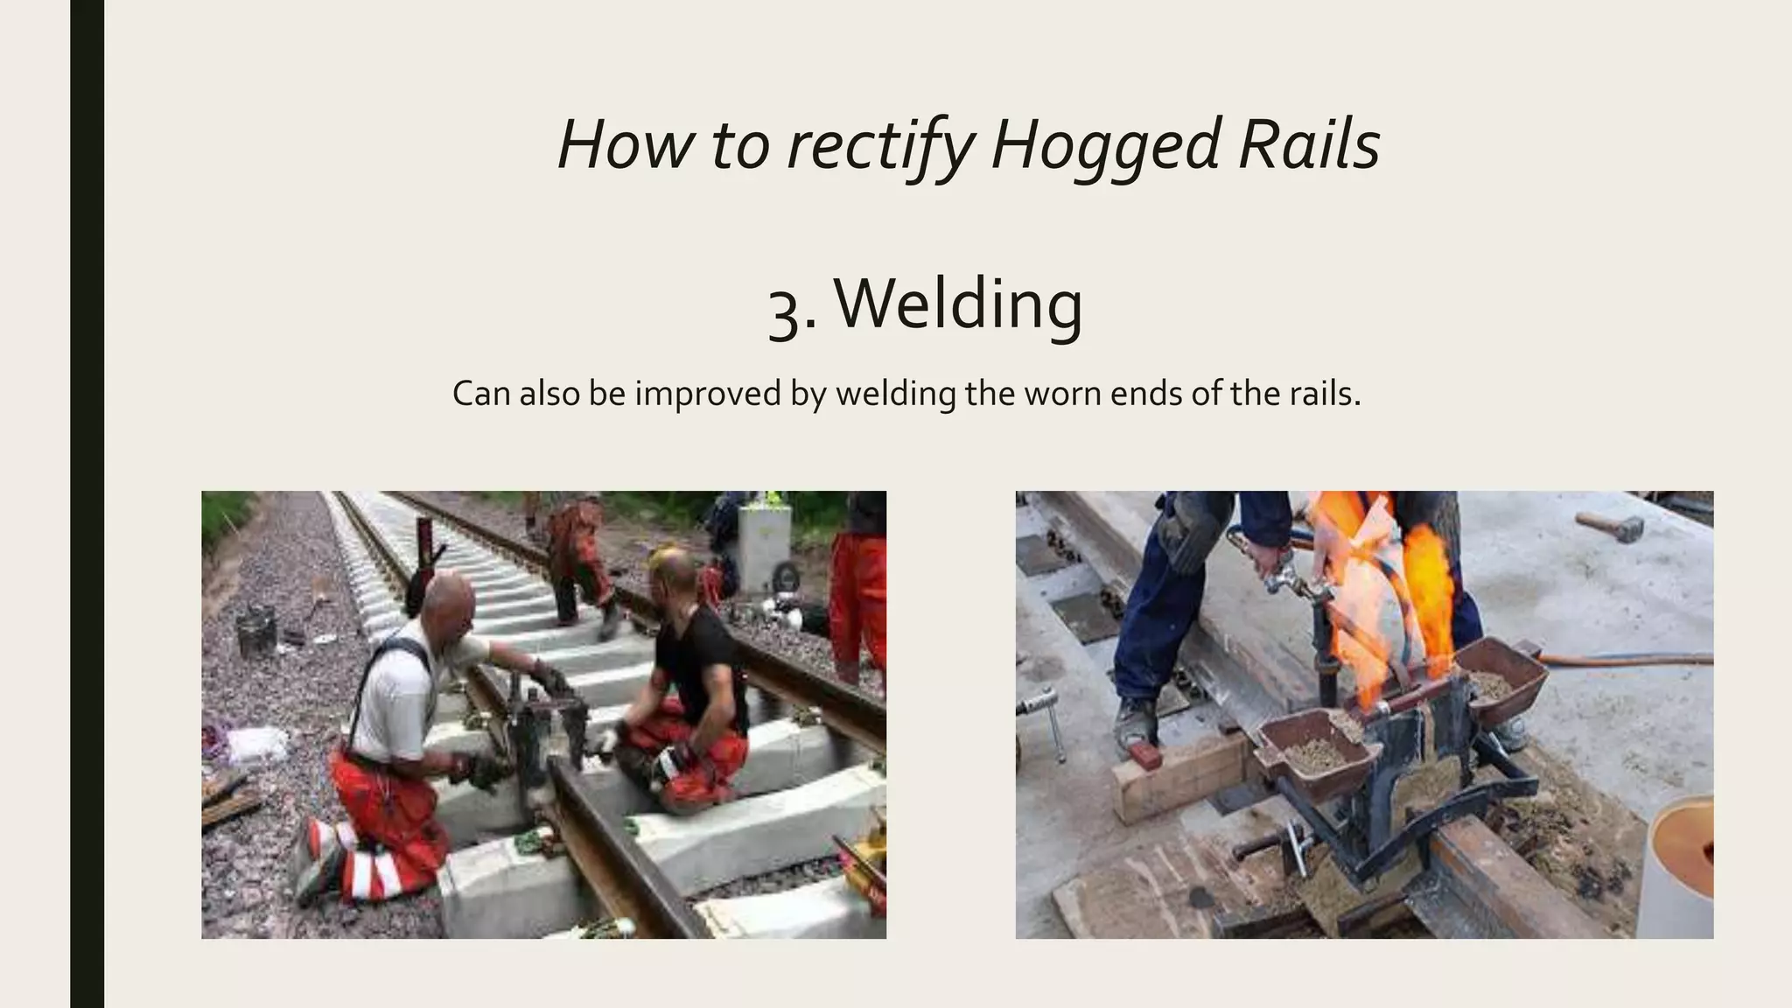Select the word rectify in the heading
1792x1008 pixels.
[x=881, y=145]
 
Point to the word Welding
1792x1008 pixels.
[x=958, y=304]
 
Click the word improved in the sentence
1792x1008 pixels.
[x=710, y=394]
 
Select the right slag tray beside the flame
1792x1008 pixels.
[x=1498, y=678]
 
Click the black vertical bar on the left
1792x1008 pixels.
[x=87, y=504]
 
